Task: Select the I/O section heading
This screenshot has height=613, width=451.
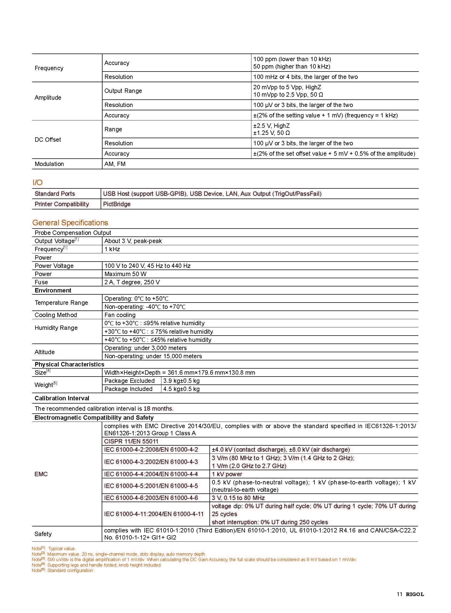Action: [x=38, y=182]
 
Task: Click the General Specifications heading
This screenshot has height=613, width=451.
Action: [x=70, y=223]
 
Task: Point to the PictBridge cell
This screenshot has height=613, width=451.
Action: [x=117, y=204]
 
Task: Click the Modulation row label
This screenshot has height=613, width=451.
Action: [x=49, y=164]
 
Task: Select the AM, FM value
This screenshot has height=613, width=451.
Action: [x=115, y=164]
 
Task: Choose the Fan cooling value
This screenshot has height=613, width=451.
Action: [x=120, y=315]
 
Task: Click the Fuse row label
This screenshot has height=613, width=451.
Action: [x=41, y=282]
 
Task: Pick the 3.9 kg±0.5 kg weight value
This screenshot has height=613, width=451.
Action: [x=181, y=381]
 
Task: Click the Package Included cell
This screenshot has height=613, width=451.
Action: [x=128, y=389]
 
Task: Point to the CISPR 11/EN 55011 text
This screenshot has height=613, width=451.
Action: [x=131, y=441]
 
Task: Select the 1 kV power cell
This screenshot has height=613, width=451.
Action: [x=227, y=474]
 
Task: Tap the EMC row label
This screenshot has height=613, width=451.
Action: [x=41, y=474]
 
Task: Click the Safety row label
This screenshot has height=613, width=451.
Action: [x=43, y=534]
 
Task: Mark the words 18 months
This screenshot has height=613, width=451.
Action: [x=158, y=408]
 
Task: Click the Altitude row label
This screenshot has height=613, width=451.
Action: [x=44, y=352]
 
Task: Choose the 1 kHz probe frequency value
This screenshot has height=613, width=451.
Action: [x=112, y=249]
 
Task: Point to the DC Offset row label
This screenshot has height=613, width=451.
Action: [x=48, y=140]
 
